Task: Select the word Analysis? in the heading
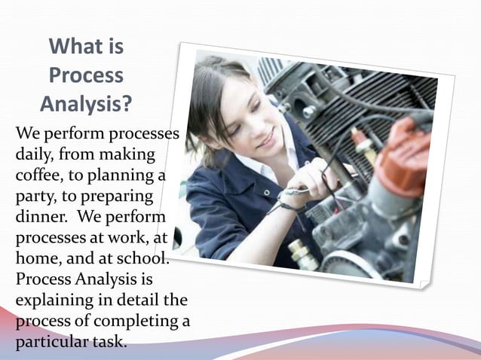[x=86, y=103]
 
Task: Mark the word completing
[x=136, y=321]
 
